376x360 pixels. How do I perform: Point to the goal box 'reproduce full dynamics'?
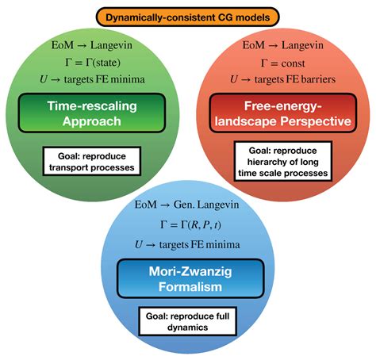coord(188,320)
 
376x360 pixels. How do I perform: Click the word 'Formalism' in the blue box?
coord(188,288)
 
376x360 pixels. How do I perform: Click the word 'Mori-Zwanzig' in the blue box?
coord(188,271)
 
